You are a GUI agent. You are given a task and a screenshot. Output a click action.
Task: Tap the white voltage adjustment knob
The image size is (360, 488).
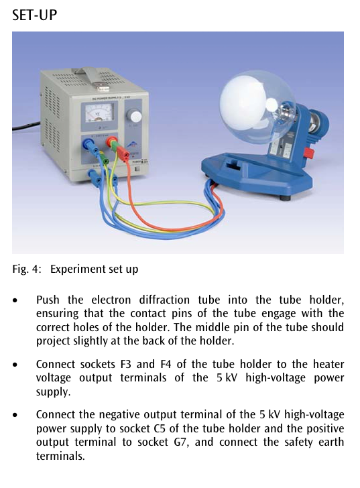tap(135, 116)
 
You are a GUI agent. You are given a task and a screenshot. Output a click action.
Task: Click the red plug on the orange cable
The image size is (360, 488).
tap(123, 154)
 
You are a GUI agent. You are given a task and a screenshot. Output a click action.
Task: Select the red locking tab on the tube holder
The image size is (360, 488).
tap(309, 153)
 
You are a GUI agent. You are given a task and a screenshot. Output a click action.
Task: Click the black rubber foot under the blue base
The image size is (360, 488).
tap(285, 197)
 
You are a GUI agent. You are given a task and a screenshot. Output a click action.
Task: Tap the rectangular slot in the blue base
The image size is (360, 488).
tap(233, 165)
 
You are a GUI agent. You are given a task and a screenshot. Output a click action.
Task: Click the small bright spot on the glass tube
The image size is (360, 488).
tap(272, 105)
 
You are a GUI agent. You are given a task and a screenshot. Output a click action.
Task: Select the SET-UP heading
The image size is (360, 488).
tap(35, 15)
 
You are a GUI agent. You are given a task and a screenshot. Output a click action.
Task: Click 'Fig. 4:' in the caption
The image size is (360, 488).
tap(27, 269)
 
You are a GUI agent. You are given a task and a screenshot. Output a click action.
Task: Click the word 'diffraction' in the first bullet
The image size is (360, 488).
tap(164, 300)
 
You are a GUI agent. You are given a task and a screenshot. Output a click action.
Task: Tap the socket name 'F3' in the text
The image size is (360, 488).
tap(126, 364)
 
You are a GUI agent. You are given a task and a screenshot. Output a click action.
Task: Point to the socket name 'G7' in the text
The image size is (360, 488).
tap(182, 442)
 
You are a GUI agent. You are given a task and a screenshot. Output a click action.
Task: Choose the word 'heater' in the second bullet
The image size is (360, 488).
tap(328, 364)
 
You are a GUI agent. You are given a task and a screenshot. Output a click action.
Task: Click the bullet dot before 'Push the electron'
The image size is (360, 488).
tap(15, 300)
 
